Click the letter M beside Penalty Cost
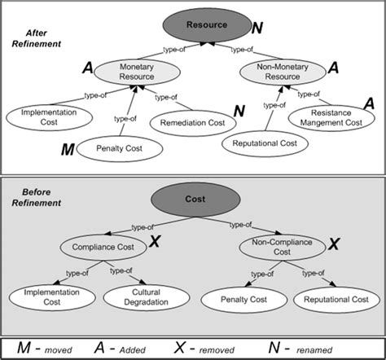pyautogui.click(x=69, y=150)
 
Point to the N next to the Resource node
pyautogui.click(x=258, y=29)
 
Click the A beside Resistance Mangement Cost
pyautogui.click(x=368, y=103)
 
